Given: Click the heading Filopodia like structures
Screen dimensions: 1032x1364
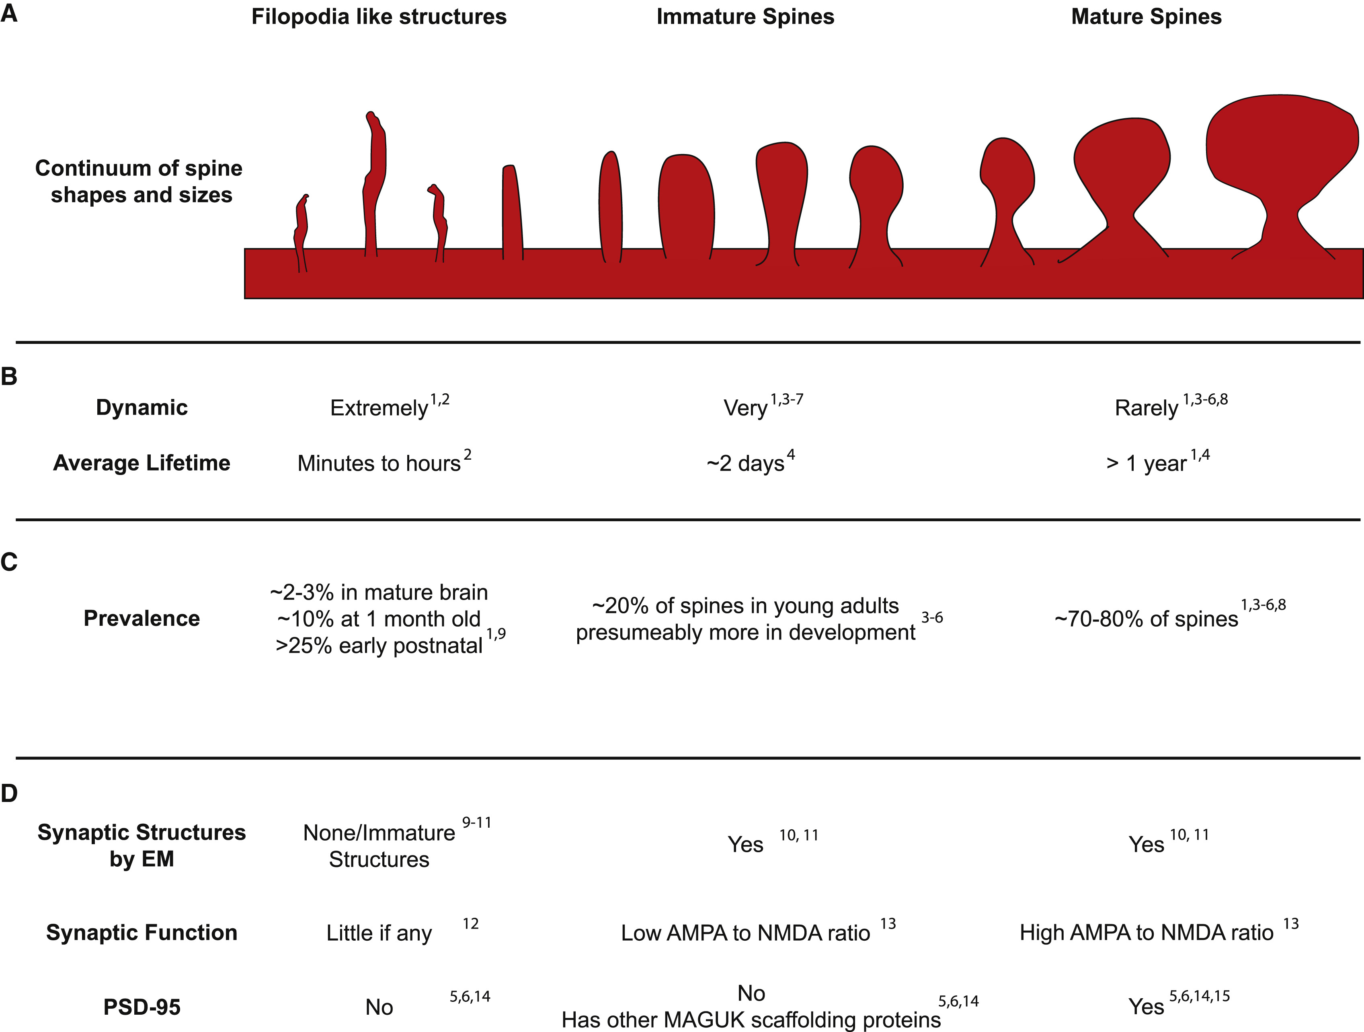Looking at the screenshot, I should [x=379, y=16].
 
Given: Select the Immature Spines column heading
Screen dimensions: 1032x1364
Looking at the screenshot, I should [x=745, y=16].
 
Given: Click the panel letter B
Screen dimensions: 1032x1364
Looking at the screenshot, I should [x=9, y=376].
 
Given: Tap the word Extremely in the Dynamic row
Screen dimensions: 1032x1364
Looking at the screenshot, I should [x=379, y=408].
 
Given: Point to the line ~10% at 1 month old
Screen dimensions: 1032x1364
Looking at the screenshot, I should [x=379, y=619].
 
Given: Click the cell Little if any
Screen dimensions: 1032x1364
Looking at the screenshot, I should [x=379, y=933].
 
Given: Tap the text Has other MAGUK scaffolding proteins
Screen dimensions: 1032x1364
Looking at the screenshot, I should [x=751, y=1020].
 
